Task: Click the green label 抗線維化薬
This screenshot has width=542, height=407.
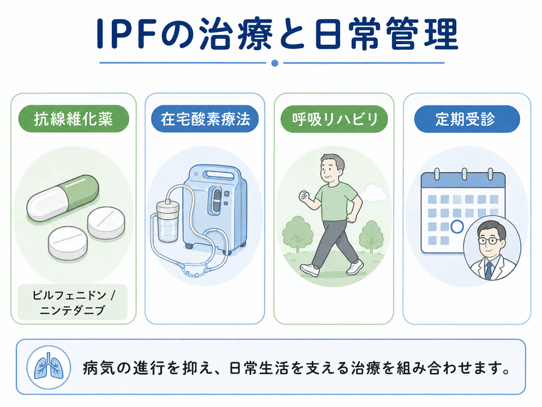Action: [x=74, y=119]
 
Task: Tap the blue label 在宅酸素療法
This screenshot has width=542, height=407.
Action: [x=205, y=119]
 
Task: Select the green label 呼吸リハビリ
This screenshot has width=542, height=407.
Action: [x=334, y=119]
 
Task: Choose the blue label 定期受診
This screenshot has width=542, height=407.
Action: [x=467, y=119]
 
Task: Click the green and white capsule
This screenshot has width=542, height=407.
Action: [x=63, y=198]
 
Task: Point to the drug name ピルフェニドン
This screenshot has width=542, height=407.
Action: [x=69, y=295]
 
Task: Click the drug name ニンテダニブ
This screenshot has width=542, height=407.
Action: [x=72, y=310]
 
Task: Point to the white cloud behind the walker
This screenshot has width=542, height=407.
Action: [x=373, y=193]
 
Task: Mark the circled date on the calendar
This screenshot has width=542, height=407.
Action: [x=457, y=227]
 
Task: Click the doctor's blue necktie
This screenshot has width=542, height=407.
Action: [x=489, y=270]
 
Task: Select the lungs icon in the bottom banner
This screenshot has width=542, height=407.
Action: [x=49, y=367]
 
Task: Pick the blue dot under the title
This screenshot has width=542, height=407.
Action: [x=275, y=63]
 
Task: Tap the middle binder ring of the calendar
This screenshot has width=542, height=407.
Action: [x=464, y=174]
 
